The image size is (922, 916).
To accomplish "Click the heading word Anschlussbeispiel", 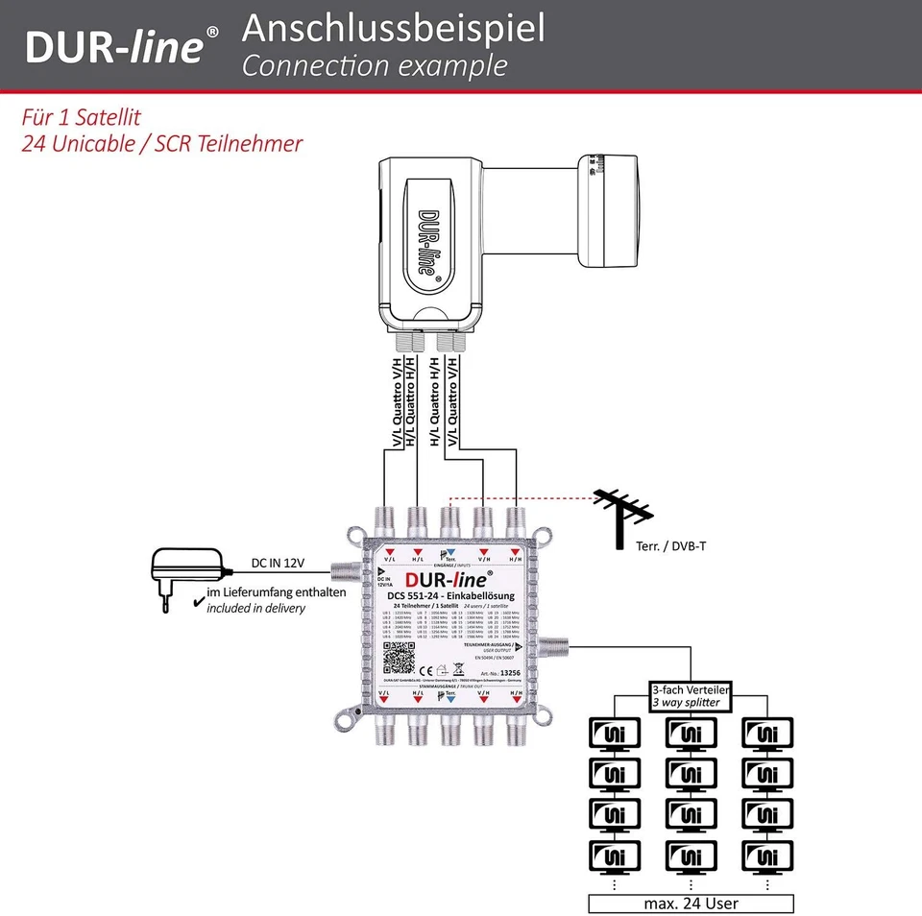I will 393,29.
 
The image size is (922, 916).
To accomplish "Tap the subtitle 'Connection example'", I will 374,66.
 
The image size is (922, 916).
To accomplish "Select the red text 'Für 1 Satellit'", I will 82,118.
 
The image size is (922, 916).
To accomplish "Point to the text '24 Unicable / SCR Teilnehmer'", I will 161,144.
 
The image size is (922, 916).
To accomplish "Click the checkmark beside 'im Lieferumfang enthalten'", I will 198,601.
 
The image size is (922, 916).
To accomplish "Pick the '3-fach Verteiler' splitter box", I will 690,696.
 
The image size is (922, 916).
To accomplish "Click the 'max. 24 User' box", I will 691,904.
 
